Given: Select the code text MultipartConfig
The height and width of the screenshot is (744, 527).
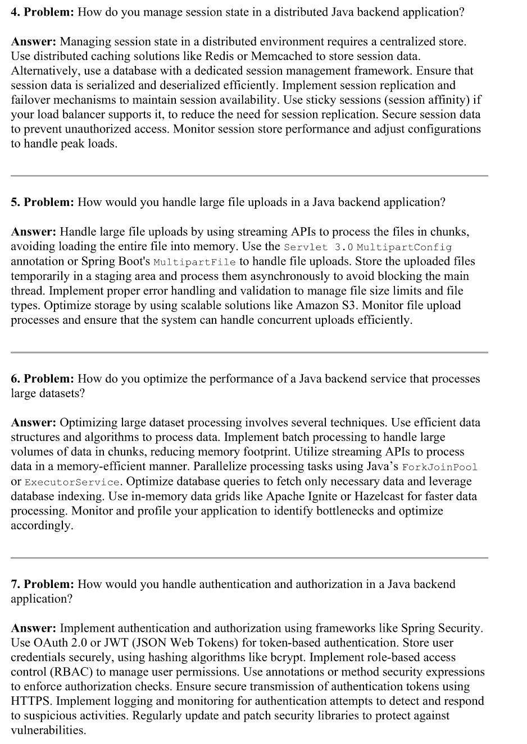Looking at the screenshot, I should (x=404, y=247).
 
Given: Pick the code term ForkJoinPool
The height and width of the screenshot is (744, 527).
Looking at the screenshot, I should (x=440, y=467).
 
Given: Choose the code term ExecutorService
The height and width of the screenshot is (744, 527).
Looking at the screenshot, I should (x=72, y=482).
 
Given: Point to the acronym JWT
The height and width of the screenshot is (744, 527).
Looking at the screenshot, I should (x=115, y=643).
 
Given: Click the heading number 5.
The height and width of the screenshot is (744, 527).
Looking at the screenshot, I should (x=15, y=203).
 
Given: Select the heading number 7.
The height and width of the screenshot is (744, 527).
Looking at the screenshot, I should (x=15, y=585).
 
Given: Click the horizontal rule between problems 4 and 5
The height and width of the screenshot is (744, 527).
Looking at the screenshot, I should (x=249, y=176).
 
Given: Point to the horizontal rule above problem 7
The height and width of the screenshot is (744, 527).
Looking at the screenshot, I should (x=249, y=558).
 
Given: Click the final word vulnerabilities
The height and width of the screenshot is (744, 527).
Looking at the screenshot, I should (x=48, y=731).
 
